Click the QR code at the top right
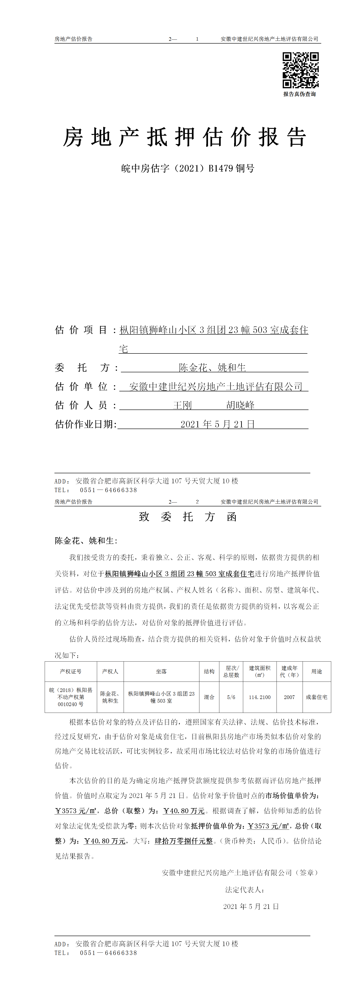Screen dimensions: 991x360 pyautogui.click(x=300, y=70)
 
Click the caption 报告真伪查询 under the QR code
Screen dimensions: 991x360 pyautogui.click(x=300, y=94)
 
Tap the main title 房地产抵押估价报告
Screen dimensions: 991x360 pyautogui.click(x=185, y=137)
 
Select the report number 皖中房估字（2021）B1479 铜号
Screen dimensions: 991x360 pyautogui.click(x=188, y=168)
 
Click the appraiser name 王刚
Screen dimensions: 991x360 pyautogui.click(x=182, y=405)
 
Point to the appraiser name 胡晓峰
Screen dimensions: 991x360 pyautogui.click(x=240, y=405)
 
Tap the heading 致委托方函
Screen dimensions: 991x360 pyautogui.click(x=188, y=517)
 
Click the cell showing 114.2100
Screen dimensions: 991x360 pyautogui.click(x=260, y=697)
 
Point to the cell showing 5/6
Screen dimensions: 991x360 pyautogui.click(x=231, y=697)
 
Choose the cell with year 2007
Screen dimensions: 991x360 pyautogui.click(x=289, y=697)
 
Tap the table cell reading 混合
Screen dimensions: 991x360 pyautogui.click(x=209, y=697)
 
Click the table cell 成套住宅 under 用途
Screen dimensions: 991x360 pyautogui.click(x=316, y=697)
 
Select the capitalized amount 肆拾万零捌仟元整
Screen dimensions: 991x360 pyautogui.click(x=184, y=841)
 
